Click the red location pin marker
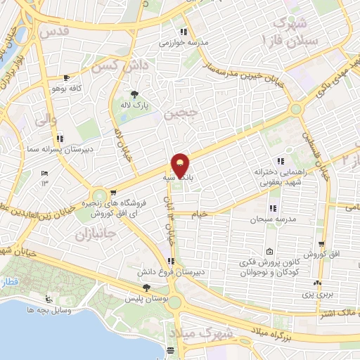181,166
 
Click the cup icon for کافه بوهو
66,78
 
